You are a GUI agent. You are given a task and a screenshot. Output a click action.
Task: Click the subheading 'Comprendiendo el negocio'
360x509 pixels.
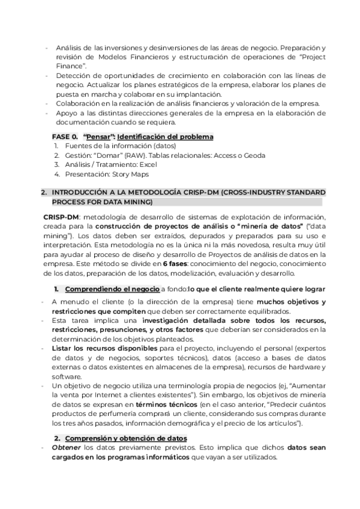pos(112,289)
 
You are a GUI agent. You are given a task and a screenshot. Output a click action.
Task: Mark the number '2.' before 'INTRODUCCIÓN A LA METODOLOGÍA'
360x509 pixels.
pos(43,193)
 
